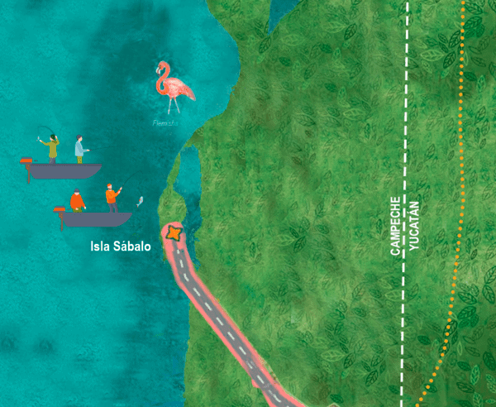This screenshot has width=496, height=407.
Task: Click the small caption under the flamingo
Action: [165, 123]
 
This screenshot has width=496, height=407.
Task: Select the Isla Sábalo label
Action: [121, 246]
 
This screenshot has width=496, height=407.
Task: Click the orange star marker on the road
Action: [174, 234]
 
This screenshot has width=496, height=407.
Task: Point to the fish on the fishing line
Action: [140, 201]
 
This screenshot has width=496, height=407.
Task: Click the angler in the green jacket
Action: [53, 148]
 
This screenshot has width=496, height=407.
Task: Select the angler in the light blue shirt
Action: [80, 149]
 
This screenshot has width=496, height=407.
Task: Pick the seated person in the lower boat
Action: [77, 201]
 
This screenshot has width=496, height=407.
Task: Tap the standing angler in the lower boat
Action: [111, 199]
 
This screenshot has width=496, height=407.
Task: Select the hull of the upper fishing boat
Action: [66, 171]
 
